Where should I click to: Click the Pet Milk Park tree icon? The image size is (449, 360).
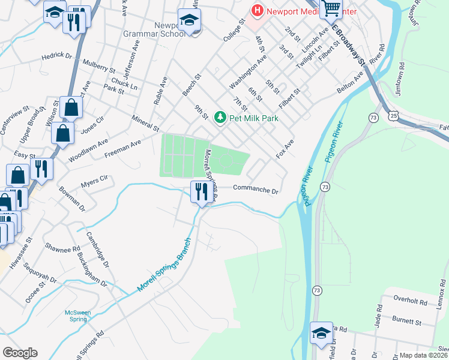click(x=220, y=118)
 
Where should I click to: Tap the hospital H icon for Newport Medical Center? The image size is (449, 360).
click(x=258, y=10)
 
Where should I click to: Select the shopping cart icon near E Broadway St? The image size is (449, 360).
click(x=331, y=8)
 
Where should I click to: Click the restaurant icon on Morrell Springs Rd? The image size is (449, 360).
click(x=200, y=192)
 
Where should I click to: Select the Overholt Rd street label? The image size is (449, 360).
click(x=409, y=298)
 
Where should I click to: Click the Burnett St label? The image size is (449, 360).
click(x=406, y=322)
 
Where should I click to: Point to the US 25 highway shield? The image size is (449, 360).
click(x=393, y=114)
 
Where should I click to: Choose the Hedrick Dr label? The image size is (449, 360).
click(x=56, y=56)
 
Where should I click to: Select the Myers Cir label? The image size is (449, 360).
click(x=94, y=178)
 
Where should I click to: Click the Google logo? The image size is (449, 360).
click(x=20, y=353)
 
